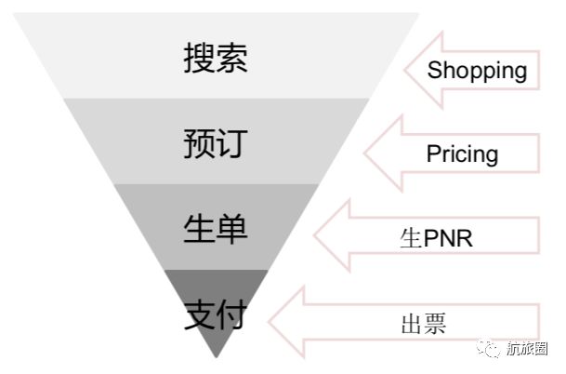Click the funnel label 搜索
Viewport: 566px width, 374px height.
tap(216, 59)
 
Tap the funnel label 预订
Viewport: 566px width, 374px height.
tap(216, 144)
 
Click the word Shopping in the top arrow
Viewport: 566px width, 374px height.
tap(477, 70)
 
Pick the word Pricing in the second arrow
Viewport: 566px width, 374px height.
tap(462, 154)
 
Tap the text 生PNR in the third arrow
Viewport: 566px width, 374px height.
tap(436, 238)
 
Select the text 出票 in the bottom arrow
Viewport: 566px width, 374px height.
tap(424, 324)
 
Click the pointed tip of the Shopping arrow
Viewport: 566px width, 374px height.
tap(402, 71)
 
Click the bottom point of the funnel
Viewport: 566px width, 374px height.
tap(217, 358)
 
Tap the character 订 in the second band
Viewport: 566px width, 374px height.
tap(232, 144)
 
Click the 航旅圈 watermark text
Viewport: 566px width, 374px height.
tap(527, 350)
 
